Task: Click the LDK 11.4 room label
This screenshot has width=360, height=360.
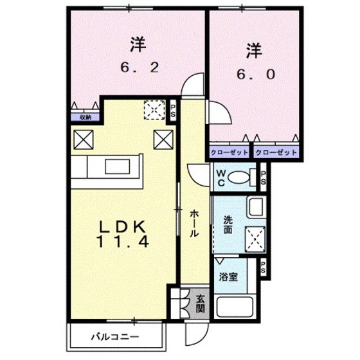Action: (123, 234)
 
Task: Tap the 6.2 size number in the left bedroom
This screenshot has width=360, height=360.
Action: (139, 67)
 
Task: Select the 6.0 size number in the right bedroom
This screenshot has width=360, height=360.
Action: (256, 75)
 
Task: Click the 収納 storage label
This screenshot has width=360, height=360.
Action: (85, 117)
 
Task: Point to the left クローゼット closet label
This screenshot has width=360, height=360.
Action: (230, 153)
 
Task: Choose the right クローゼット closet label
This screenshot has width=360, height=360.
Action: (276, 153)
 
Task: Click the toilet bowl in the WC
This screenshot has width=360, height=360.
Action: (239, 177)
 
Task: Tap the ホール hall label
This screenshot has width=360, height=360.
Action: (194, 224)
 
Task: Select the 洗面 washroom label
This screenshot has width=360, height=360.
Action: (228, 225)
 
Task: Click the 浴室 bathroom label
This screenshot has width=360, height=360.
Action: (228, 277)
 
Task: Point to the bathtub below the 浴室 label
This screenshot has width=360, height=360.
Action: (235, 307)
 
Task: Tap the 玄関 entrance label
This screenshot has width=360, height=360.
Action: (200, 303)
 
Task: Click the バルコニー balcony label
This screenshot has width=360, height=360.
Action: (115, 337)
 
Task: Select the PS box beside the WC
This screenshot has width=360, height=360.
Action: (263, 177)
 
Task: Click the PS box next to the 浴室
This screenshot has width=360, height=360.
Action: (263, 267)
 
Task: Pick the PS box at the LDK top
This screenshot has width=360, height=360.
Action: (173, 111)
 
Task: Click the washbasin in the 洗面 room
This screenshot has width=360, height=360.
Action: (256, 207)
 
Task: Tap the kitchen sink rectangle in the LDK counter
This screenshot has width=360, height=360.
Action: (117, 166)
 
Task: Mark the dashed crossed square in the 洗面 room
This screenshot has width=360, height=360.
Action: (255, 239)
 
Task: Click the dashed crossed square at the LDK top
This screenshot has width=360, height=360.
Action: (154, 110)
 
